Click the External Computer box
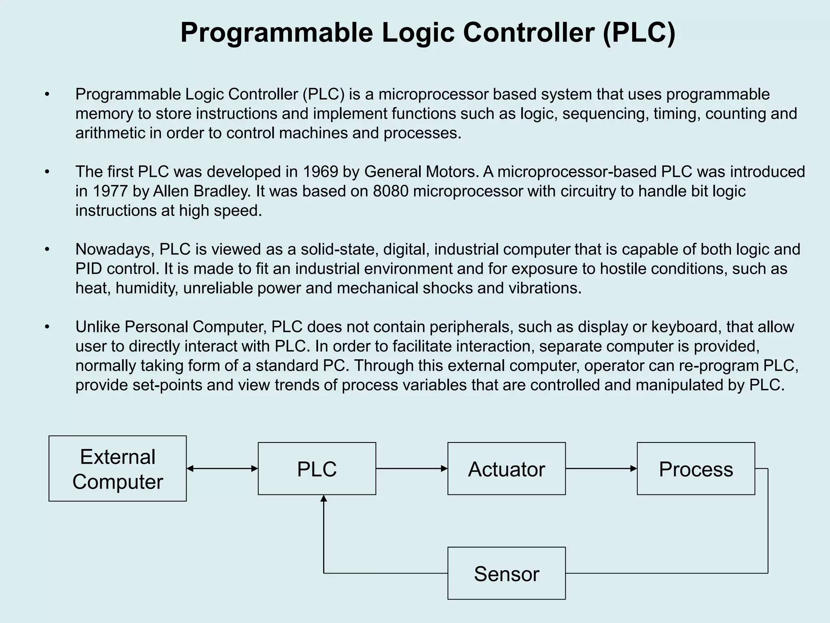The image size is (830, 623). click(118, 468)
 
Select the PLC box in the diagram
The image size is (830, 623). click(317, 468)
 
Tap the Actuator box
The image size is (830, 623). click(506, 468)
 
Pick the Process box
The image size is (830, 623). click(695, 468)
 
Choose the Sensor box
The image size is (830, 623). click(506, 573)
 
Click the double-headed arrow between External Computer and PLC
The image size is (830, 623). click(222, 468)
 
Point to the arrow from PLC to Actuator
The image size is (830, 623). click(411, 468)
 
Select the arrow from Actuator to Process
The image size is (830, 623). click(601, 468)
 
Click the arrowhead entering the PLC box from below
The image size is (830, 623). click(323, 499)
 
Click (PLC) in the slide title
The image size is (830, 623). click(639, 32)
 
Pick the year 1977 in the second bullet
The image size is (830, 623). click(111, 191)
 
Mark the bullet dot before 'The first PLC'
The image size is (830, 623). click(47, 172)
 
